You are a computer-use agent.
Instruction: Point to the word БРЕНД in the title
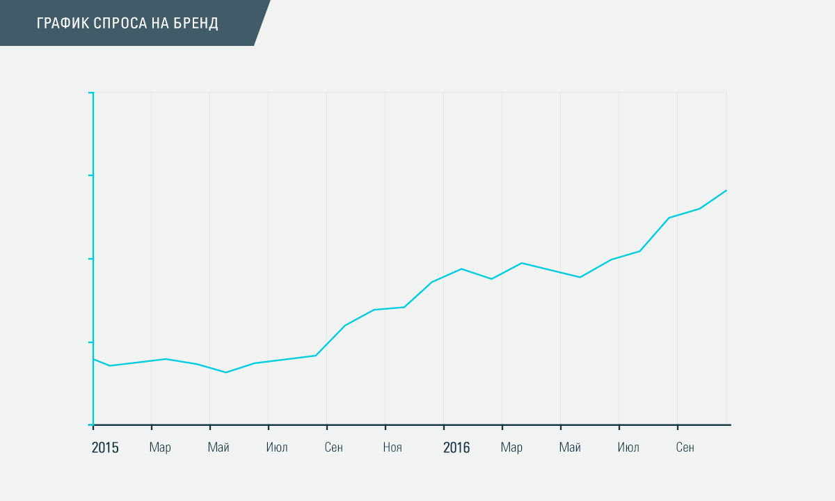pos(198,24)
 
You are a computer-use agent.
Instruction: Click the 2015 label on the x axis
pos(105,447)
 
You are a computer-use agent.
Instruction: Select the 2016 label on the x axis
pos(456,447)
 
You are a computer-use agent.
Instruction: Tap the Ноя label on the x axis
pos(392,447)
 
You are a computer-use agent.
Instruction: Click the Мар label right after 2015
pos(160,447)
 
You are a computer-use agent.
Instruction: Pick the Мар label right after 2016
pos(511,447)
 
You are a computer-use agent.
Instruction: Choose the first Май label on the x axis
pos(218,447)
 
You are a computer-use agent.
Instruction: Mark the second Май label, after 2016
pos(570,447)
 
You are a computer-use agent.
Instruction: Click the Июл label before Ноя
pos(277,447)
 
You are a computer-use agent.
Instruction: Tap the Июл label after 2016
pos(628,447)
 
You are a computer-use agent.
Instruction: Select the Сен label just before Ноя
pos(334,447)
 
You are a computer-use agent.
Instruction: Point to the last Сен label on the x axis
pos(685,447)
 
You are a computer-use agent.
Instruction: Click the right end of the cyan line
pos(726,190)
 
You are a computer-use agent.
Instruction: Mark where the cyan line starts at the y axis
pos(94,359)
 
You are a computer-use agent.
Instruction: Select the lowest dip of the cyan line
pos(225,372)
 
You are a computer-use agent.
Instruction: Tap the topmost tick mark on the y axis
pos(91,93)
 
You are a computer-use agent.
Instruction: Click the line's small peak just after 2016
pos(461,269)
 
